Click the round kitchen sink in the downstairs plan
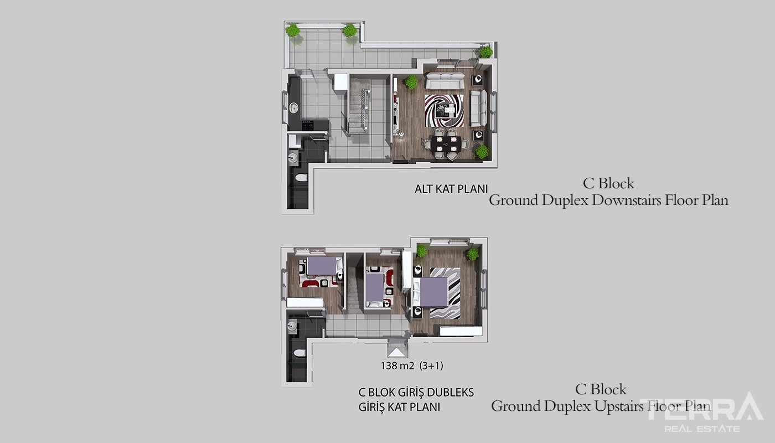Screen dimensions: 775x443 click(294, 108)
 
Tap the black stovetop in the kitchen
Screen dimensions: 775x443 click(307, 125)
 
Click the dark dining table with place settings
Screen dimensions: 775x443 click(446, 143)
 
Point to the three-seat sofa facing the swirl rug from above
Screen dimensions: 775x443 click(445, 81)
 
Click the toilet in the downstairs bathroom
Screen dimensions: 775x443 click(301, 178)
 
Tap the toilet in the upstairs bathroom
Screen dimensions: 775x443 click(299, 353)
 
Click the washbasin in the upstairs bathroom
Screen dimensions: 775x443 click(292, 326)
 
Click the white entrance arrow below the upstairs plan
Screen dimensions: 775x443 click(396, 352)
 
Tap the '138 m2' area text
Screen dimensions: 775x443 click(397, 365)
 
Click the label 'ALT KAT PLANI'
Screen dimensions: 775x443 click(451, 189)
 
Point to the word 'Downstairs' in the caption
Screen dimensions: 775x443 click(627, 200)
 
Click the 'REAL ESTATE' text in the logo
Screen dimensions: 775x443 click(702, 429)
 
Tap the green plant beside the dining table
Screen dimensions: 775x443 click(482, 151)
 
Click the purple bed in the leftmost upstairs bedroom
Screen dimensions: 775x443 click(322, 265)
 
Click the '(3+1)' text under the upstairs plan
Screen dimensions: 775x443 click(431, 365)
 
